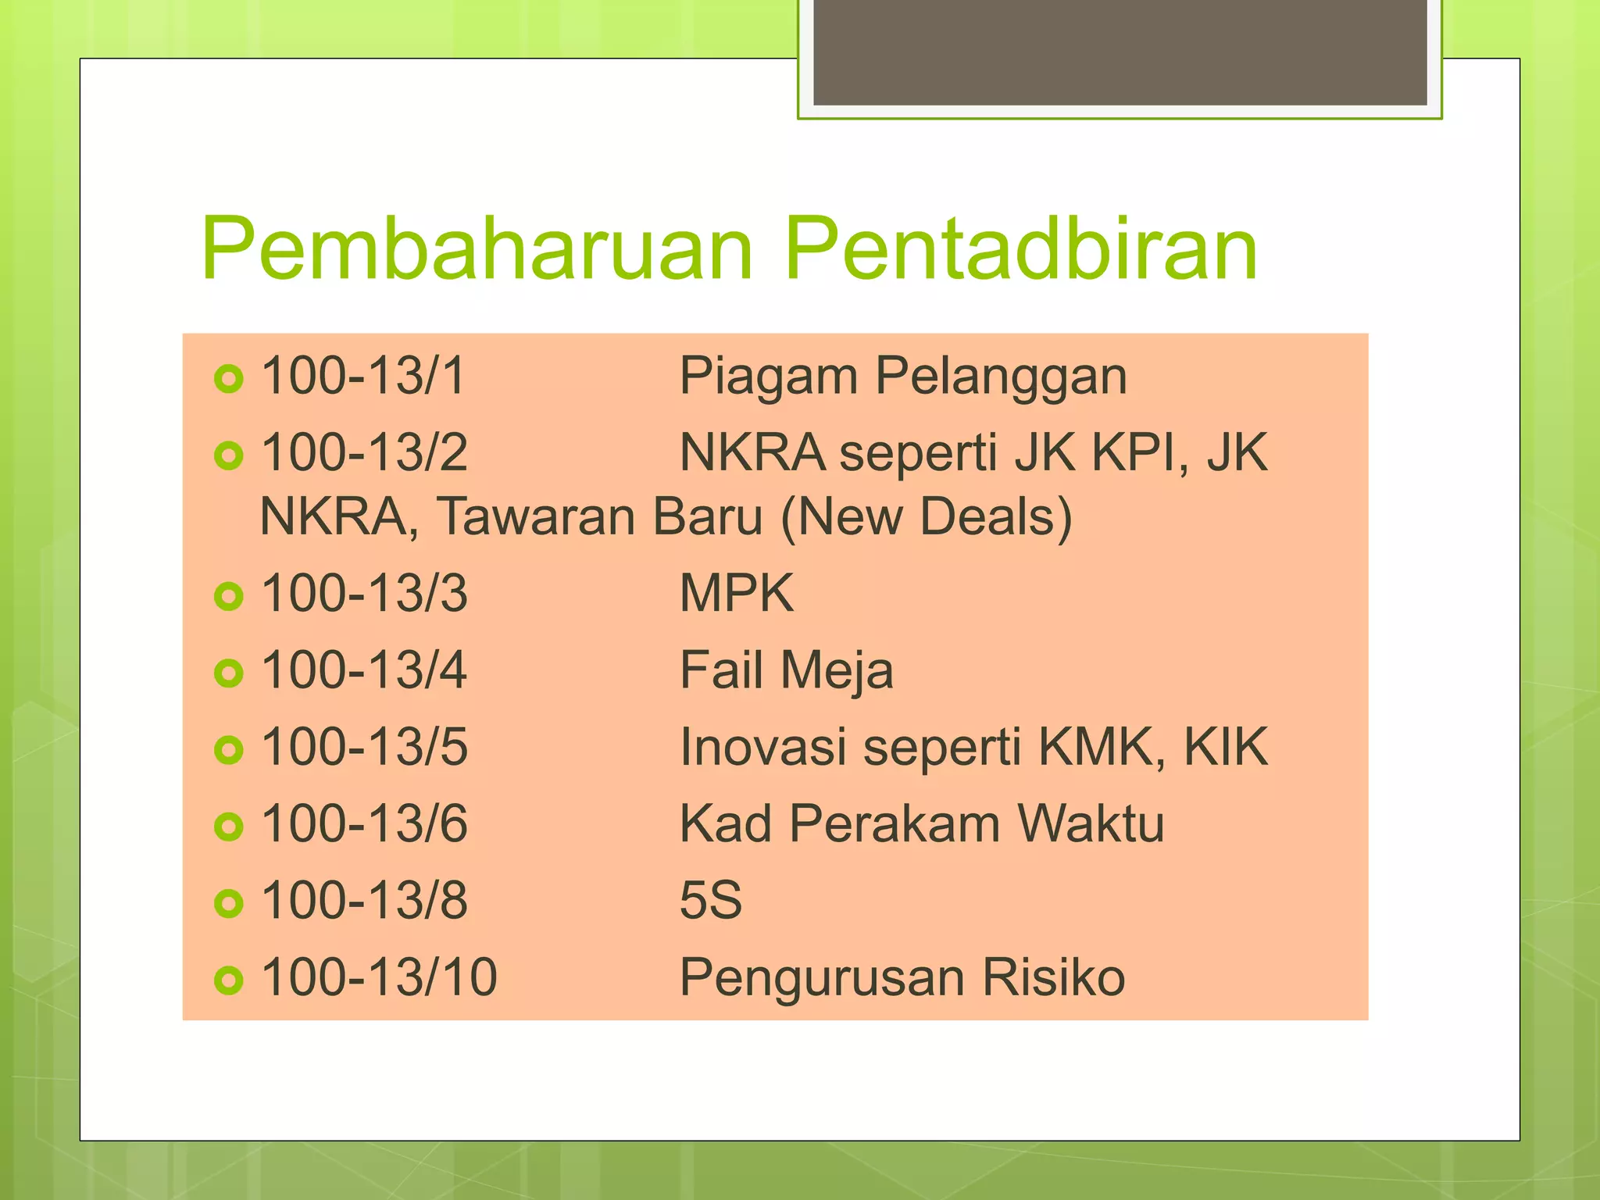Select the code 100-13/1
point(363,376)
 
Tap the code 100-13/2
point(364,452)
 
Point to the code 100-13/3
point(364,593)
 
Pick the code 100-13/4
point(364,670)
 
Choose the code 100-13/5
point(364,747)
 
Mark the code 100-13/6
point(364,823)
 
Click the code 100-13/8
point(364,900)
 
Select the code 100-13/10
point(379,977)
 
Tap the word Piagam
point(769,377)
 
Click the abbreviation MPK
point(737,593)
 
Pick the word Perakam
point(895,823)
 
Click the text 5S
point(711,900)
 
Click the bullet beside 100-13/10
point(228,980)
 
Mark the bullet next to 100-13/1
point(228,379)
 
